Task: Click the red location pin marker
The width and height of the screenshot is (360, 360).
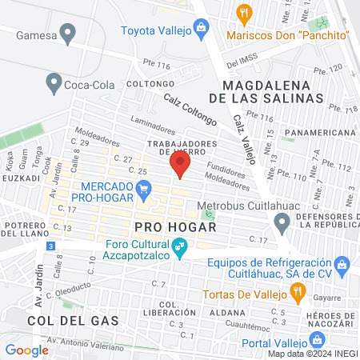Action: tap(181, 166)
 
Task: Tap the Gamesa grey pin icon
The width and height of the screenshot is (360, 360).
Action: tap(68, 34)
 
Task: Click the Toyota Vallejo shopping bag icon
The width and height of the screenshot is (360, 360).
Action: tap(202, 31)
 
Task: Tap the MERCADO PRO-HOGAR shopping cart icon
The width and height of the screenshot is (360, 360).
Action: tap(144, 190)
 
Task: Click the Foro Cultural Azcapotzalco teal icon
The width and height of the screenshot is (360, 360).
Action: tap(180, 251)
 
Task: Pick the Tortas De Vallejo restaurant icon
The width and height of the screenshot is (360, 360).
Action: tap(298, 294)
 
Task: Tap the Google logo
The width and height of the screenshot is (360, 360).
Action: tap(26, 350)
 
